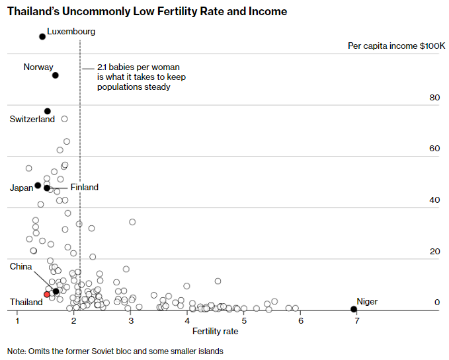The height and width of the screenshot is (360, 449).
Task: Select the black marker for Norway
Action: pos(56,75)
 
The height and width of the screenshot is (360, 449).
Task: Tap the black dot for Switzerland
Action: pos(48,111)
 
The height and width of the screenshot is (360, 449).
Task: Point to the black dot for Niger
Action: pos(354,309)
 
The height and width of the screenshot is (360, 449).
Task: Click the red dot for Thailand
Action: pos(47,294)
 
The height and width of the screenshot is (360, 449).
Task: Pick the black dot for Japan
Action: pos(38,186)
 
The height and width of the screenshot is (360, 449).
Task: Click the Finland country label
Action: pos(84,188)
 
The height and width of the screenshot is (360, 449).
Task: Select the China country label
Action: pos(20,266)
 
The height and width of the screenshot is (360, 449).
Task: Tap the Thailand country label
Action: pos(26,302)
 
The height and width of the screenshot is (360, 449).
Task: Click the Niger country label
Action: pos(367,302)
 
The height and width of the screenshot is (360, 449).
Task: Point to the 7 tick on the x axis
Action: pos(357,321)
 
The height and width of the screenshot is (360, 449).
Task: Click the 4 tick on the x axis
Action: pos(188,321)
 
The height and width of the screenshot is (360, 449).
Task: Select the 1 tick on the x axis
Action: pos(18,321)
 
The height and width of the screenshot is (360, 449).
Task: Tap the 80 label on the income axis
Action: pos(434,98)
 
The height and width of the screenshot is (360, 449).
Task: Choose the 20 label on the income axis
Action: pos(434,252)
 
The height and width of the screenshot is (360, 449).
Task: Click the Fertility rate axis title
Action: pos(215,332)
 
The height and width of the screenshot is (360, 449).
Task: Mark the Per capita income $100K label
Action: pos(396,46)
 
